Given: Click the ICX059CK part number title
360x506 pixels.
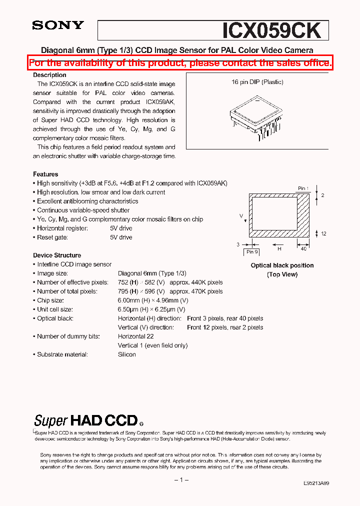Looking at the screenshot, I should tap(271, 30).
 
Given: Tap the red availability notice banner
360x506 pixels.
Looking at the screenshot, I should tap(180, 63).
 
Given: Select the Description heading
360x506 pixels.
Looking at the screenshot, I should tap(49, 75).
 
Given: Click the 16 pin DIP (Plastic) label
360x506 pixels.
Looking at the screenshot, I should tap(257, 82).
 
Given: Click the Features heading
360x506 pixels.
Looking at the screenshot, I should tap(45, 174).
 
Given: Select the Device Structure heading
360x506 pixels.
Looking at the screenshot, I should tap(57, 255).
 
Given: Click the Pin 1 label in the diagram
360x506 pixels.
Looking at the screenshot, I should tap(303, 188).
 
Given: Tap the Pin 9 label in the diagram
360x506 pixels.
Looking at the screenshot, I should tap(252, 251).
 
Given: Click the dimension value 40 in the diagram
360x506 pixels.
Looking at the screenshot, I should tap(303, 248).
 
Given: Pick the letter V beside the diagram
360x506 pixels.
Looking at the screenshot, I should tap(241, 216).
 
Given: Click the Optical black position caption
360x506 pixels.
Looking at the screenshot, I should tap(282, 265).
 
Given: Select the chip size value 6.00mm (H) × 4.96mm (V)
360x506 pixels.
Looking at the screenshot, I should tap(153, 300).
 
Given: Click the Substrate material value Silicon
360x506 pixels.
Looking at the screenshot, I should tap(127, 354).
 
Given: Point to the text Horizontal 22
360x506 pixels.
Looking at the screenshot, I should tap(135, 336).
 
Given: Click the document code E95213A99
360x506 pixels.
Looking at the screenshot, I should tap(316, 483).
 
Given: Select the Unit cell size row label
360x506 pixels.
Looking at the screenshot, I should tap(55, 309).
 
